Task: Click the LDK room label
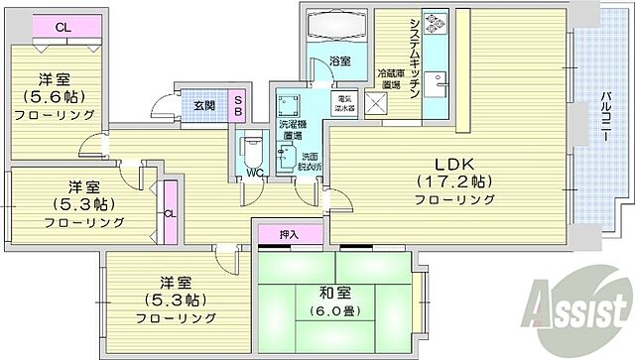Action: [454, 164]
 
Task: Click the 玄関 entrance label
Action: [204, 106]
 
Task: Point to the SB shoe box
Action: [239, 106]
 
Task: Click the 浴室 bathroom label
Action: [339, 61]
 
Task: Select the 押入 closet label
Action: [289, 234]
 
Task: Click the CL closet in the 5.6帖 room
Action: [63, 27]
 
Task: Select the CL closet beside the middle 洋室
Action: [170, 212]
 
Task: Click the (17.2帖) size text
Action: [454, 181]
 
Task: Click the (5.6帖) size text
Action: [54, 97]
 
